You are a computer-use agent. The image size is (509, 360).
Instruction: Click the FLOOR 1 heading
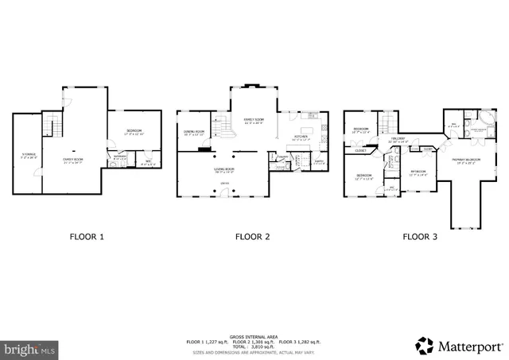87,236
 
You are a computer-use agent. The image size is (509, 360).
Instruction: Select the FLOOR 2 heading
252,236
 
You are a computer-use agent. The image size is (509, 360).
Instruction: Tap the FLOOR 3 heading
420,236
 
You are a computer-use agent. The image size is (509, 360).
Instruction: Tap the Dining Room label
195,132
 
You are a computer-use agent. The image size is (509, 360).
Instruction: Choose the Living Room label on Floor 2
223,169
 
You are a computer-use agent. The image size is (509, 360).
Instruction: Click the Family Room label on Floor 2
253,123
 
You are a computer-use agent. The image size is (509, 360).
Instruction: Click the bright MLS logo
30,348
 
